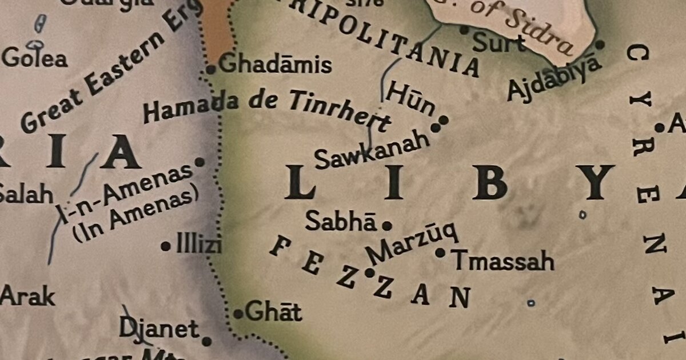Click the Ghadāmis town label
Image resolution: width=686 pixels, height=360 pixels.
pyautogui.click(x=275, y=65)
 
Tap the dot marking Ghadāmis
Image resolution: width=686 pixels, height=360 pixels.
pyautogui.click(x=210, y=70)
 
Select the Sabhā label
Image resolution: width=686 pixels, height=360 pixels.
pyautogui.click(x=341, y=221)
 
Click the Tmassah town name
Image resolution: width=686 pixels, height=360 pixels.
pyautogui.click(x=504, y=261)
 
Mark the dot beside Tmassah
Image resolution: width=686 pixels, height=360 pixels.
pyautogui.click(x=440, y=252)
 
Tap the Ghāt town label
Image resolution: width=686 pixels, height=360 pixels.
pyautogui.click(x=274, y=312)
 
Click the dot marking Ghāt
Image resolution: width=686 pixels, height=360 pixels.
pyautogui.click(x=238, y=314)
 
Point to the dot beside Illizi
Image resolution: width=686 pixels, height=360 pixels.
pyautogui.click(x=165, y=247)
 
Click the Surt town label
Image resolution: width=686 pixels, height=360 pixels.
pyautogui.click(x=499, y=42)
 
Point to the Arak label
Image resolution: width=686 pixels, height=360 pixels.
pyautogui.click(x=27, y=297)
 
